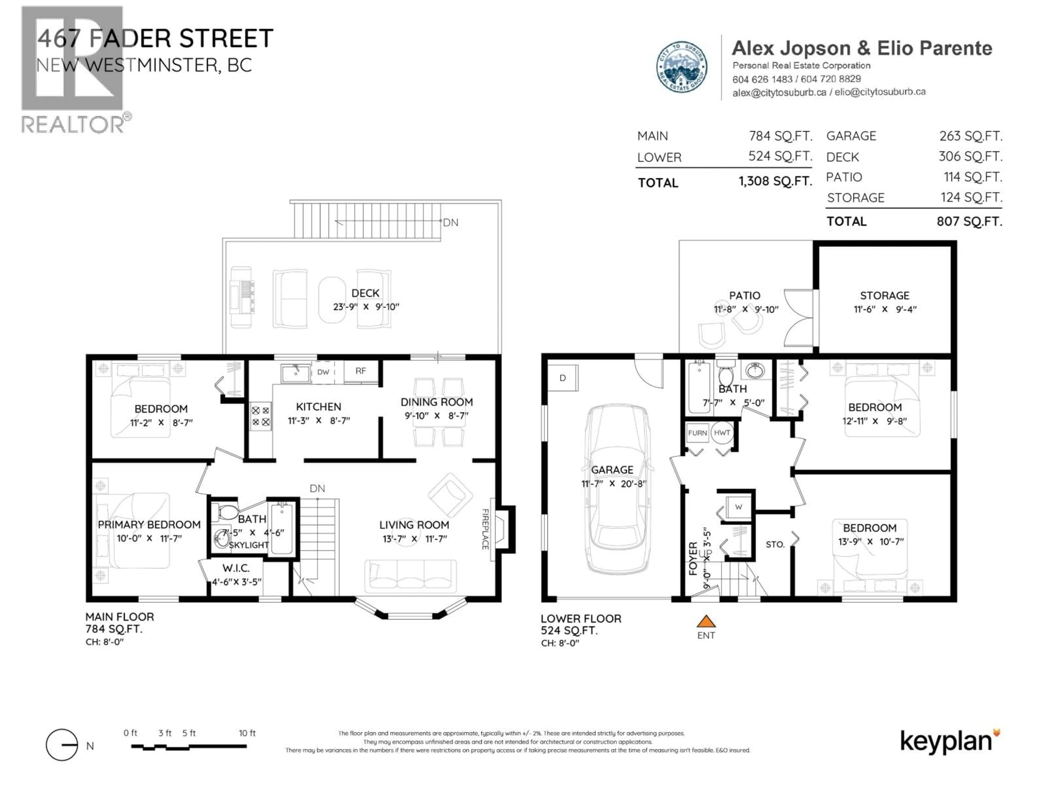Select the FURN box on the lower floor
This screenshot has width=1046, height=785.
tap(697, 433)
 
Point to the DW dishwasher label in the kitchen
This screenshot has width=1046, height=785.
tap(323, 372)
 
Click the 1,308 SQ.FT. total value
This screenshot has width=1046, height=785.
tap(775, 181)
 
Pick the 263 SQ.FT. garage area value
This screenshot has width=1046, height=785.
tap(970, 136)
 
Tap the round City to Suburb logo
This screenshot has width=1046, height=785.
tap(682, 67)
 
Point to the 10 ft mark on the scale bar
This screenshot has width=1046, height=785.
tap(247, 733)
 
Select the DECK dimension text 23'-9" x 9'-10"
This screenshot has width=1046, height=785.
tap(366, 307)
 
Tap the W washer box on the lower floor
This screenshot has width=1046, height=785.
tap(738, 507)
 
